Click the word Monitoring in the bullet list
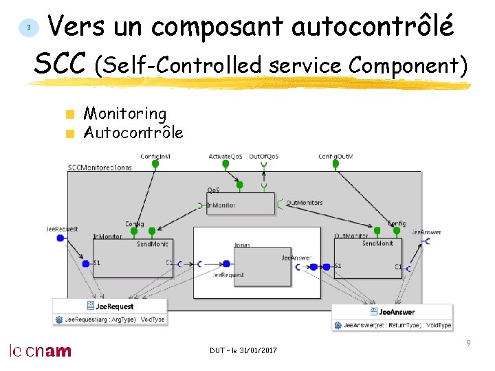[124, 113]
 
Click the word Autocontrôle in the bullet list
[133, 132]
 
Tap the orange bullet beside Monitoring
[69, 114]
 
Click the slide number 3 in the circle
[28, 27]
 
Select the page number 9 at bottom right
[468, 342]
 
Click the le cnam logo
[40, 350]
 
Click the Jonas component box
[262, 266]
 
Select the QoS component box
[240, 203]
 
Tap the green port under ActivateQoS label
[239, 184]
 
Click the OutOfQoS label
[264, 157]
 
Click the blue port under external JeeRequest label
[60, 238]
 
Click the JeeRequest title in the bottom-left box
[115, 306]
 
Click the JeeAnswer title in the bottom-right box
[397, 312]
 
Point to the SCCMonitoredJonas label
[100, 167]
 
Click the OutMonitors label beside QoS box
[304, 203]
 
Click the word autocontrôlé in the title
[372, 27]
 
